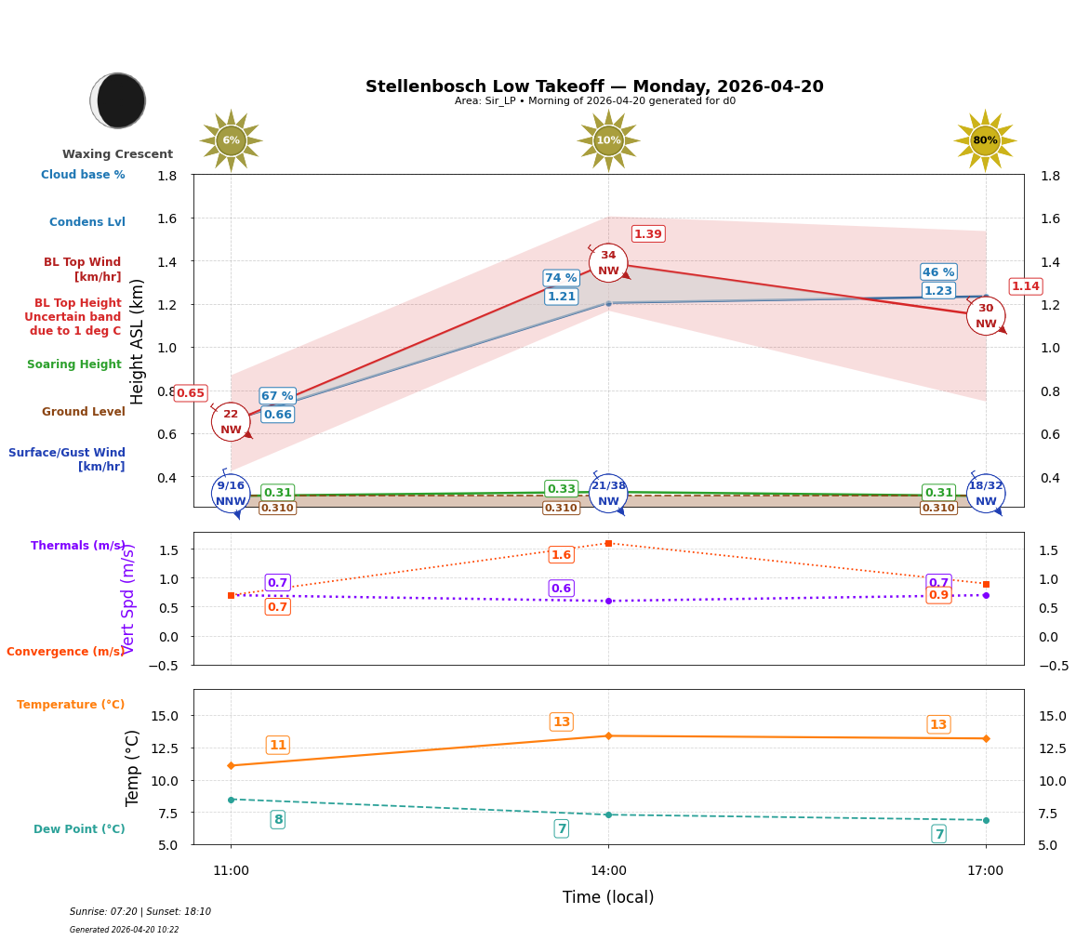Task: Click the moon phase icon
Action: [118, 100]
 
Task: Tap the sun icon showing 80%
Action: [985, 140]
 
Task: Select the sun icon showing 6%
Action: [231, 140]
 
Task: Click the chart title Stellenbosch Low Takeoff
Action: [594, 86]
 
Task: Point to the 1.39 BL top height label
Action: [648, 234]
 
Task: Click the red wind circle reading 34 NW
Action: [608, 263]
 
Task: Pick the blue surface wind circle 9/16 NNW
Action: [231, 493]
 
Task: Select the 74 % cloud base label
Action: [561, 278]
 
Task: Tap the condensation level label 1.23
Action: [938, 291]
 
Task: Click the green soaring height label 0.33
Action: [561, 489]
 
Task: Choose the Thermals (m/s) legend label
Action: [78, 546]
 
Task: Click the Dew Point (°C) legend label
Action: [79, 829]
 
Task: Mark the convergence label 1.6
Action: [561, 555]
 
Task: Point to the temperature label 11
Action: [277, 745]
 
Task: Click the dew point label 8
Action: [277, 819]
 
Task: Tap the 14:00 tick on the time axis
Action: [608, 870]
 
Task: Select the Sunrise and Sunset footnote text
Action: [140, 912]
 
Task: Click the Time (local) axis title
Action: [608, 897]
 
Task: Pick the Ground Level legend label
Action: [84, 412]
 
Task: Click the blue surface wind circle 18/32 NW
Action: [985, 493]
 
